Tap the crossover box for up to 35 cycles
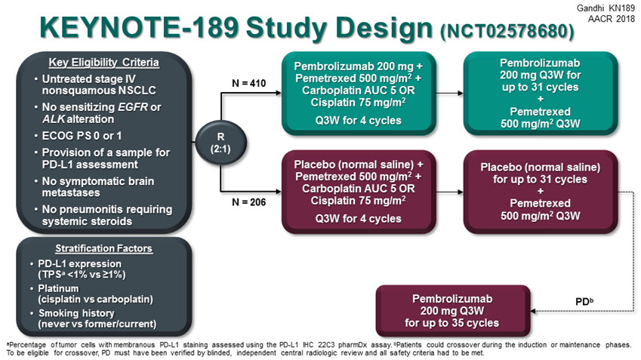point(451,310)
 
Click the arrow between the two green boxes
point(449,93)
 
